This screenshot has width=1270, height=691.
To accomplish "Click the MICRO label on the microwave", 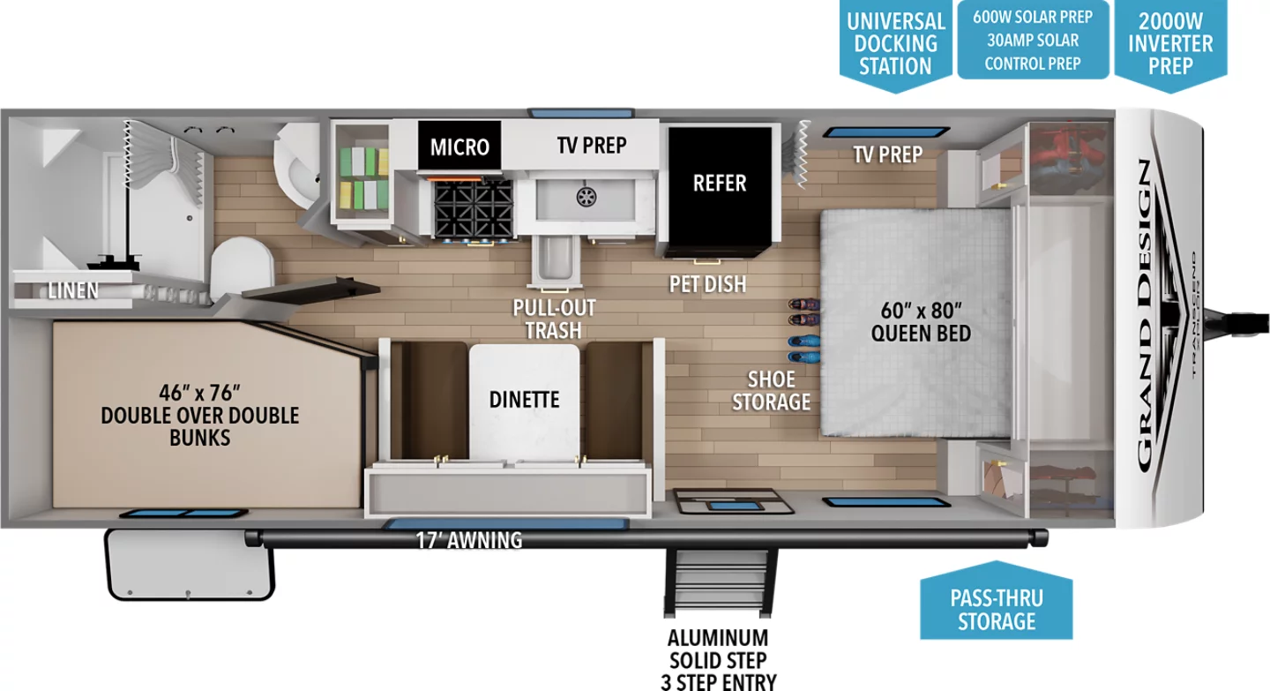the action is [x=459, y=146].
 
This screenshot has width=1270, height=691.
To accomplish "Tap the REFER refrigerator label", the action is [x=720, y=183].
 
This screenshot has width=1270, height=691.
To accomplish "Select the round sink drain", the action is [x=586, y=197].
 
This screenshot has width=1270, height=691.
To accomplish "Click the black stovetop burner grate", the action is [x=474, y=210].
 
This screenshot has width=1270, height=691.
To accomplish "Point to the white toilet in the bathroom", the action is [x=242, y=267].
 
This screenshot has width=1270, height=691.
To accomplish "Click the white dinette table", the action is [x=525, y=402].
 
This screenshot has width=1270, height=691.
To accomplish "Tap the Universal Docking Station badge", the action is [x=896, y=45].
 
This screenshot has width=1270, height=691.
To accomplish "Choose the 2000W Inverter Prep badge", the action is [x=1171, y=45].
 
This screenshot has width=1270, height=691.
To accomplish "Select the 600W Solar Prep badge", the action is [x=1033, y=40].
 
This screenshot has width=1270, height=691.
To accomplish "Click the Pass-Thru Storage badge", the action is [x=997, y=601].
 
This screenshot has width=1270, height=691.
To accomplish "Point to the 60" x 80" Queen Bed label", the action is [x=921, y=321].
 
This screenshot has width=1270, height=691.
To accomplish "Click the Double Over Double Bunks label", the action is [x=199, y=416].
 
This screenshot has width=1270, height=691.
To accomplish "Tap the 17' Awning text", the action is [x=469, y=540].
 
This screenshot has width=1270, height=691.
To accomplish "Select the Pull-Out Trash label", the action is [x=554, y=319].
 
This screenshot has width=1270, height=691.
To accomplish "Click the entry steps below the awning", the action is [x=720, y=582].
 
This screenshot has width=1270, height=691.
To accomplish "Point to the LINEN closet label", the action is [x=73, y=290].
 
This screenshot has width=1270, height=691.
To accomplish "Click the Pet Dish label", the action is [x=707, y=284].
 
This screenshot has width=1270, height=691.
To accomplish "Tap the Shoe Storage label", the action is [x=771, y=390].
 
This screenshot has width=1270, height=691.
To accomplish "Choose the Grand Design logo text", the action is [x=1146, y=315].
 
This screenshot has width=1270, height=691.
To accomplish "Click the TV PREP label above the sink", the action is [x=592, y=146].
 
